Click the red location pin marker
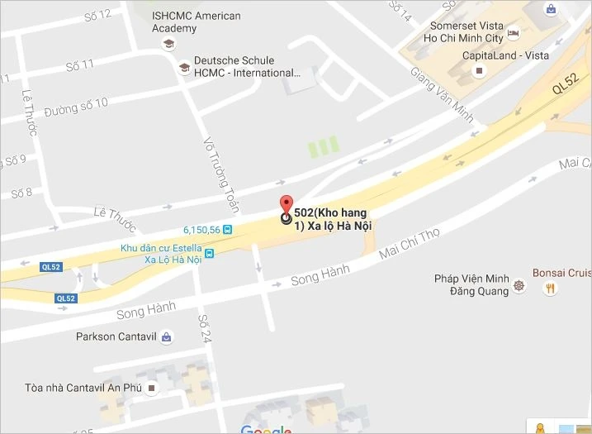(286, 205)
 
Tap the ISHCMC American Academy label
(197, 22)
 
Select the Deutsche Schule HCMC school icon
(183, 66)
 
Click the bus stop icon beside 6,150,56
(227, 230)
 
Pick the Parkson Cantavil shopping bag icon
(168, 336)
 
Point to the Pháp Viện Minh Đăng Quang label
(468, 285)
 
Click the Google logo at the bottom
(267, 429)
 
